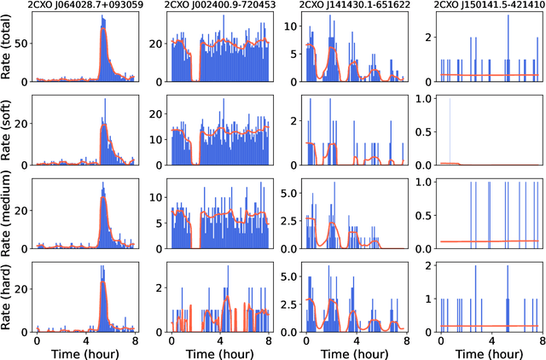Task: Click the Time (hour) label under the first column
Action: coord(85,351)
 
